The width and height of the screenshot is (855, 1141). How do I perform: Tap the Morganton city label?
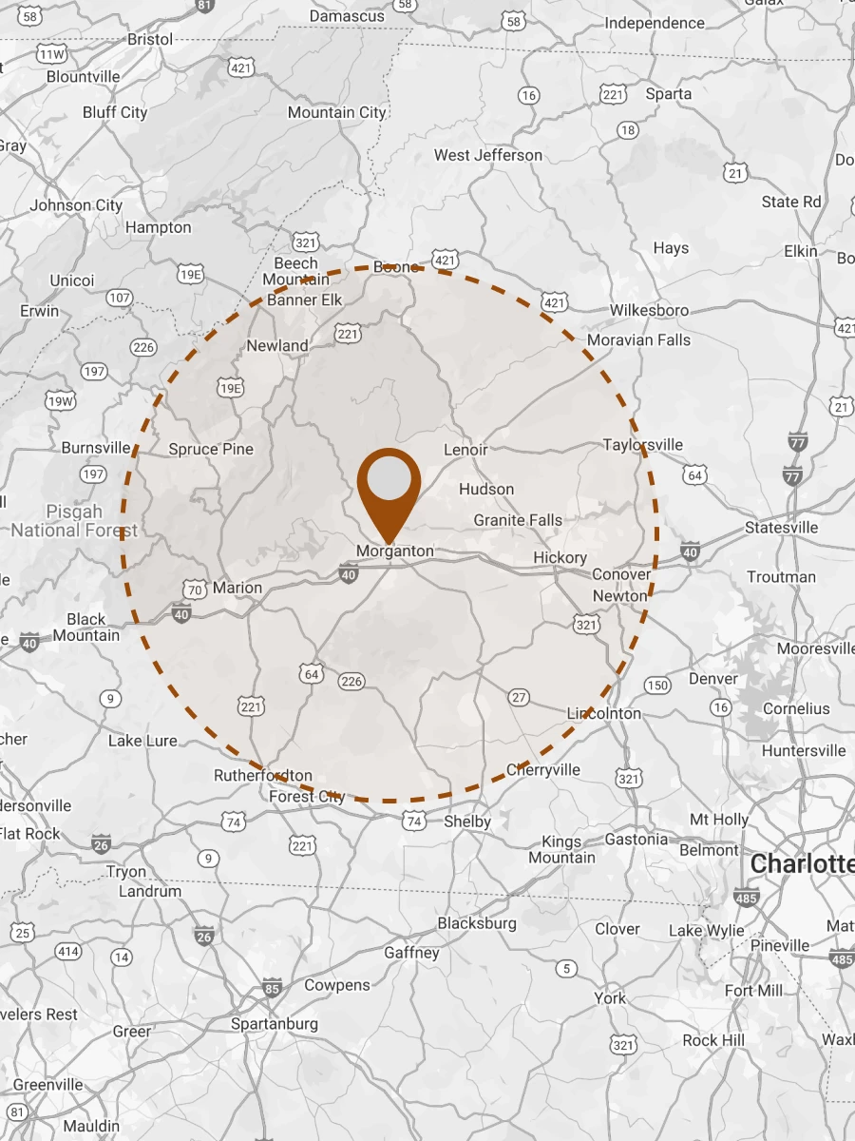[x=394, y=551]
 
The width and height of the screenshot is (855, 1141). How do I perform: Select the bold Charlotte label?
[x=801, y=864]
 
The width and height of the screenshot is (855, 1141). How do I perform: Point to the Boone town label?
[x=396, y=267]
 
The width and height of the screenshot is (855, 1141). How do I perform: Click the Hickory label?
[x=560, y=557]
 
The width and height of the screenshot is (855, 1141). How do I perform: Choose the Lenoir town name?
[x=465, y=449]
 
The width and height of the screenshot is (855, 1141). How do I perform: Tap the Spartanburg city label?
[x=275, y=1024]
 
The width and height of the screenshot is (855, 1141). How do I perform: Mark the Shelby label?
[x=467, y=822]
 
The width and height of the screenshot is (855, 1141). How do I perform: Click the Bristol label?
[x=150, y=39]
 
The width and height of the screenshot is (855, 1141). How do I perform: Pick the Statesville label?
[x=781, y=528]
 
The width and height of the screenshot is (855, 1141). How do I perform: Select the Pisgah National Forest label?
[x=74, y=521]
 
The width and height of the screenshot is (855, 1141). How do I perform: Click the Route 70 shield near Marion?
[x=195, y=590]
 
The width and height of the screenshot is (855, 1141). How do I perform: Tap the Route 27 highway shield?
[x=519, y=697]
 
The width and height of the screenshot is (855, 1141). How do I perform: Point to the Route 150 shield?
[x=656, y=686]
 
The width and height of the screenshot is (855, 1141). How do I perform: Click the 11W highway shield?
[x=51, y=54]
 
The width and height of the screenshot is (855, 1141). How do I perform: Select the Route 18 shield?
[x=628, y=129]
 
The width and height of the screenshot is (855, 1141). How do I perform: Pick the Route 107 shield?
[x=120, y=298]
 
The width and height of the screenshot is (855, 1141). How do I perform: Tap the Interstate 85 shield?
[x=273, y=989]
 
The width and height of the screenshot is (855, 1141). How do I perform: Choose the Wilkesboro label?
[x=649, y=310]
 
